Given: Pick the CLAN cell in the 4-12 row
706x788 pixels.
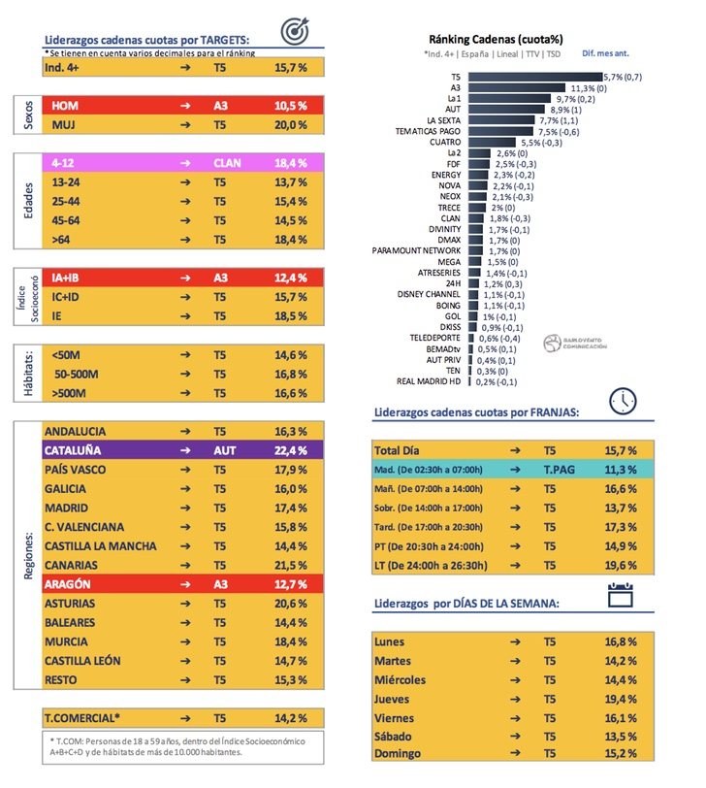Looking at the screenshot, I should [228, 163].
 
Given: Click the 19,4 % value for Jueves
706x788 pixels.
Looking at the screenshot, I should [620, 698].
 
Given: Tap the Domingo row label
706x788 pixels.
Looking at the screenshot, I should [400, 753].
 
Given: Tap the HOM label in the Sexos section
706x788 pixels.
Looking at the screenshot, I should [65, 106].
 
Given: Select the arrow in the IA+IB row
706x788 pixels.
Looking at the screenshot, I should [184, 279].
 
